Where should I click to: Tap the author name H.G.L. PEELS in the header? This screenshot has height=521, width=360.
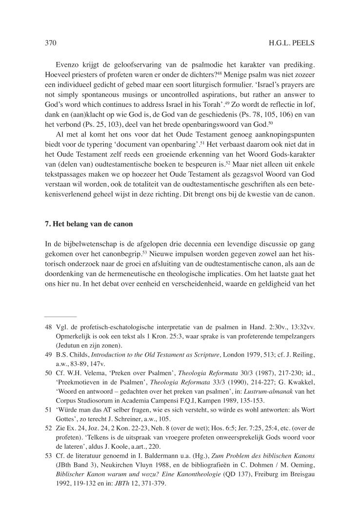tap(292, 43)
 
